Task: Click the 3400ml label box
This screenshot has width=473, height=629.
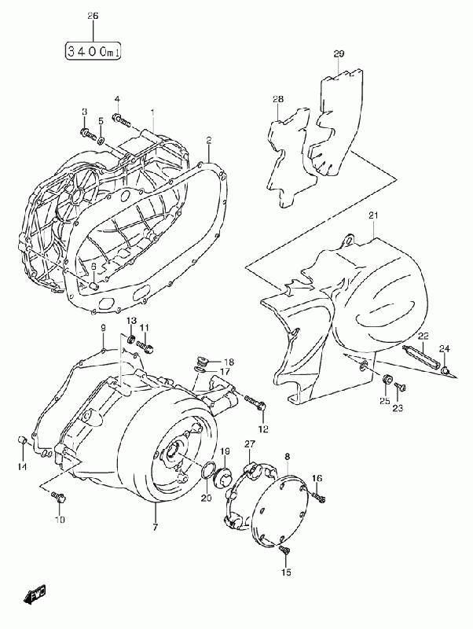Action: click(x=93, y=52)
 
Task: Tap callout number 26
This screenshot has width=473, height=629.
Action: click(x=93, y=16)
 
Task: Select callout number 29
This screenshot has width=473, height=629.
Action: click(x=339, y=53)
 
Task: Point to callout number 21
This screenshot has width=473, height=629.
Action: click(x=373, y=215)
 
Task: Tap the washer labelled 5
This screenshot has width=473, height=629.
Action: click(x=101, y=140)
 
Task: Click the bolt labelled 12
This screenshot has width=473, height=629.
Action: click(x=255, y=403)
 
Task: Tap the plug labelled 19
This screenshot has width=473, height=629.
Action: click(x=222, y=477)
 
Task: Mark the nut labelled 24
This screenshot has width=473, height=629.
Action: click(x=445, y=370)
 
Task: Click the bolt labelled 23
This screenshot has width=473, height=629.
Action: click(x=401, y=387)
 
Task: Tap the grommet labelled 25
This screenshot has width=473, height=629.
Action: click(x=387, y=379)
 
